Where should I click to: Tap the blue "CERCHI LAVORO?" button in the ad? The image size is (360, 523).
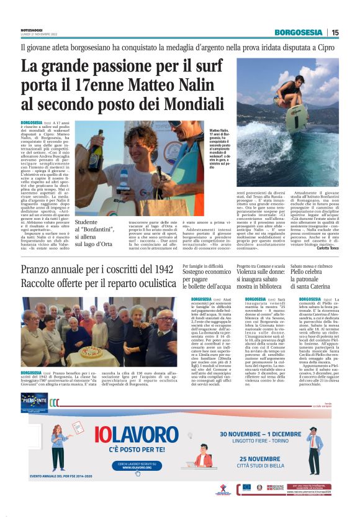point(142,465)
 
